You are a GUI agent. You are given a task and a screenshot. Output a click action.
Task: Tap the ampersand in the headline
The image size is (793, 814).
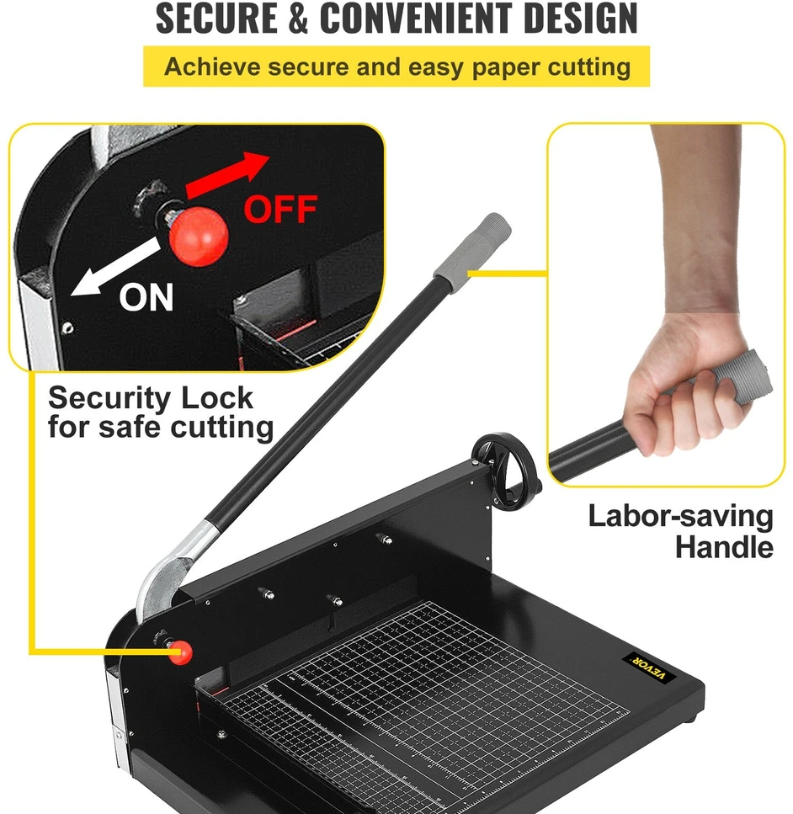(x=299, y=19)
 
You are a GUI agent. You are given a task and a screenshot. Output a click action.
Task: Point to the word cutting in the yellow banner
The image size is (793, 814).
(x=589, y=68)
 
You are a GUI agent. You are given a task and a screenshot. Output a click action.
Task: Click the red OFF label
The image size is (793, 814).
(x=281, y=210)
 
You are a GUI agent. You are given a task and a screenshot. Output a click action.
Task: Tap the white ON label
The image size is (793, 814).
(x=146, y=297)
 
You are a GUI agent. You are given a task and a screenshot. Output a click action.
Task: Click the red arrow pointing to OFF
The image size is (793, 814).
(x=226, y=174)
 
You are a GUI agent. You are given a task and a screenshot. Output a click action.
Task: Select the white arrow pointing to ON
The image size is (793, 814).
(x=115, y=268)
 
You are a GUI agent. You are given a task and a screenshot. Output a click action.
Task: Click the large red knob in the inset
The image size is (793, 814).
(x=199, y=237)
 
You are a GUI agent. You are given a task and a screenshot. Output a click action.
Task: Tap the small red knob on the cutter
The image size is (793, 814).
(x=179, y=652)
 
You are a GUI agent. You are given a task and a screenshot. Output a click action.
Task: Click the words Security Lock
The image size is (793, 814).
(x=151, y=399)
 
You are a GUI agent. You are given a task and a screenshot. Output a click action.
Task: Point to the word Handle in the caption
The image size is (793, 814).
(x=724, y=546)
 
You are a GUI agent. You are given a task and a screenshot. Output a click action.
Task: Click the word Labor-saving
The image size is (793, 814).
(x=680, y=517)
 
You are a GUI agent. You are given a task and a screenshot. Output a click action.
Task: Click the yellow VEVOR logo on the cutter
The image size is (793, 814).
(x=649, y=668)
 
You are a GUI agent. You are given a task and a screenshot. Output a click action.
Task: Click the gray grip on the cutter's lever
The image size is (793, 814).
(x=471, y=253)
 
